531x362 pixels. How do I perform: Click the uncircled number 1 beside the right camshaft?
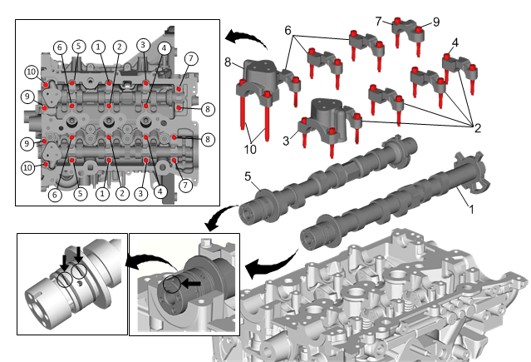471,210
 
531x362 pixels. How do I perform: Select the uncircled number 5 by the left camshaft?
248,176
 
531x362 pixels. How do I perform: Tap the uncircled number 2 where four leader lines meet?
478,128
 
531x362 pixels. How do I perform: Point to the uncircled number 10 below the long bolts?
250,149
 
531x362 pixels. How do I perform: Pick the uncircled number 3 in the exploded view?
286,141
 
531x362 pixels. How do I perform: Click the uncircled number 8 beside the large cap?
228,62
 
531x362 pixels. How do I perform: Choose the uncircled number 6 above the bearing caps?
288,31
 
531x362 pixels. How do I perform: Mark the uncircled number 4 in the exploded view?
455,42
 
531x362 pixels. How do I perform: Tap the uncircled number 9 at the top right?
436,22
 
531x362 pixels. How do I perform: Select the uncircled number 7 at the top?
379,22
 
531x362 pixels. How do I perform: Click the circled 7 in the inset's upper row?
191,59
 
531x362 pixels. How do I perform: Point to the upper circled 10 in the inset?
31,72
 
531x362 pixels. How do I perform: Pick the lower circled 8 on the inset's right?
208,139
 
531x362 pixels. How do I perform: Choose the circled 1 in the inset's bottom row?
102,194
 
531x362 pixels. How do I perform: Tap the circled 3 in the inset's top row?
143,45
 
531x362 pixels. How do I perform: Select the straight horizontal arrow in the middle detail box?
192,283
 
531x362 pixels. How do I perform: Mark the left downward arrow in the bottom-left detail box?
64,262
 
